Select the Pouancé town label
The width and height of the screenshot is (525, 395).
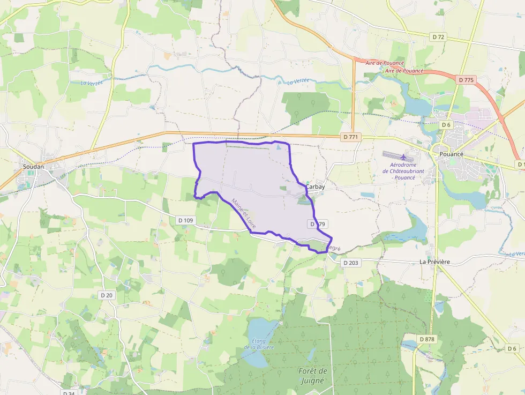[x=451, y=154]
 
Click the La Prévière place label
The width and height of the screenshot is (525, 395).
[x=434, y=262]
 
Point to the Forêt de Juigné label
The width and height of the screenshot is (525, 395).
[x=312, y=375]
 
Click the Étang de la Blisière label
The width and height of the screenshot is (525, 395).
[x=259, y=344]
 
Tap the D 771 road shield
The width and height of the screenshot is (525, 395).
[x=350, y=137]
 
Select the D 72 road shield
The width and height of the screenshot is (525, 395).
[x=438, y=36]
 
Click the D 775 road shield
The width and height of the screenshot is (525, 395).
[x=466, y=79]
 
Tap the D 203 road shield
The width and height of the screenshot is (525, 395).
[x=350, y=263]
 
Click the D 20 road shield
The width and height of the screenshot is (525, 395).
[x=107, y=295]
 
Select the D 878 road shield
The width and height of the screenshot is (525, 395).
[x=427, y=339]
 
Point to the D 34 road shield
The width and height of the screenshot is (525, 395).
[x=69, y=393]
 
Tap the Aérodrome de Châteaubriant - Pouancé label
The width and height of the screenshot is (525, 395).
[x=403, y=171]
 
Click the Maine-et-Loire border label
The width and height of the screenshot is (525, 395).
[x=244, y=214]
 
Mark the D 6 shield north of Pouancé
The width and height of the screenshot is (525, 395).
[x=446, y=125]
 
